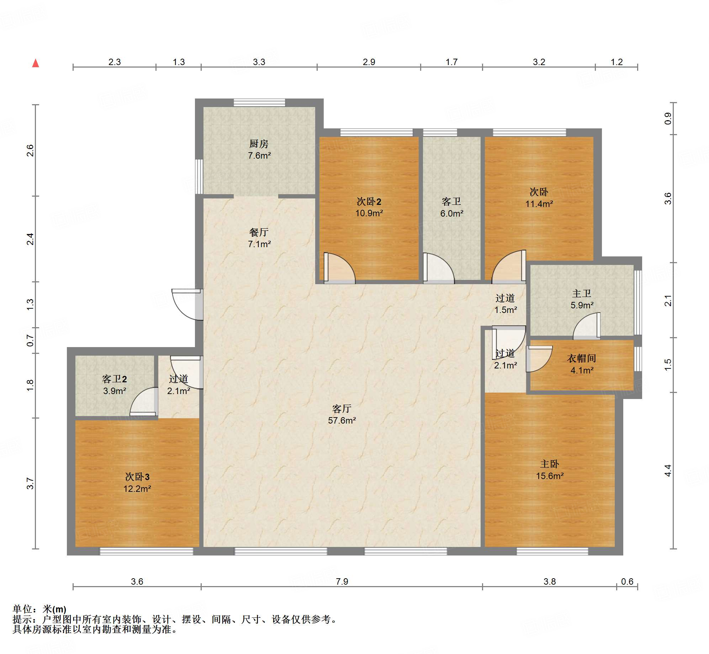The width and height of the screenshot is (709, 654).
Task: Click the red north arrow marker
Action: click(x=36, y=63)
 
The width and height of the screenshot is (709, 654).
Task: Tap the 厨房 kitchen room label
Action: click(x=259, y=144)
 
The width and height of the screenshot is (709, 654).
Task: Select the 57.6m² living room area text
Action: click(x=342, y=420)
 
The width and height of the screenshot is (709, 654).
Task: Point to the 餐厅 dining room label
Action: click(x=259, y=232)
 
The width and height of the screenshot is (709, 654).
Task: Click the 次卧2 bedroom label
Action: click(x=369, y=202)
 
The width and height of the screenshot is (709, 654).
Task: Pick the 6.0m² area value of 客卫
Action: click(x=452, y=213)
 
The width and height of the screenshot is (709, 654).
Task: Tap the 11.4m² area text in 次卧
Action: click(x=539, y=204)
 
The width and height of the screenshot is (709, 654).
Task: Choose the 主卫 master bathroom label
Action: click(x=582, y=293)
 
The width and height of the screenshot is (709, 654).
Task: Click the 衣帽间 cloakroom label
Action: click(x=582, y=358)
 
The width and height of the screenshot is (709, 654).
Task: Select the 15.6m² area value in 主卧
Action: click(x=550, y=476)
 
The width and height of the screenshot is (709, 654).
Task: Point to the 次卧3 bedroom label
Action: click(x=137, y=477)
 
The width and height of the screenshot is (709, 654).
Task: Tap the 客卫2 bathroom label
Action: click(x=114, y=379)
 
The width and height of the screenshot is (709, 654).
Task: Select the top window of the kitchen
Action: click(x=259, y=103)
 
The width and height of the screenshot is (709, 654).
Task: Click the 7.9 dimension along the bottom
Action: click(x=342, y=581)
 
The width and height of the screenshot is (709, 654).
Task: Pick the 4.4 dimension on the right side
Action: click(x=668, y=470)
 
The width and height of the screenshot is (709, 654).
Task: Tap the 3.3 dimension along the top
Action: click(x=259, y=62)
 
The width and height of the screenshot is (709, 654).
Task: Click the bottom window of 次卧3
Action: click(x=146, y=551)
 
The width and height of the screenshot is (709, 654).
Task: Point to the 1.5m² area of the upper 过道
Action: click(x=506, y=310)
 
